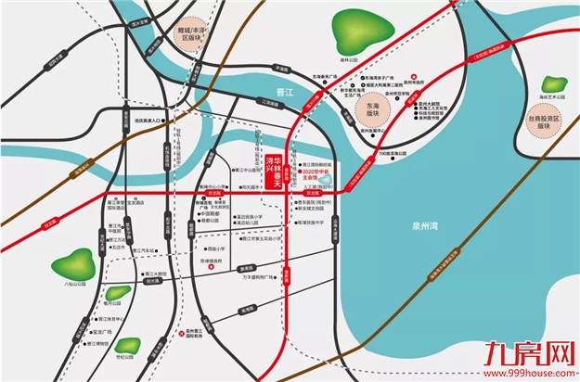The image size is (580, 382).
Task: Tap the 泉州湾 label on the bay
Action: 429,224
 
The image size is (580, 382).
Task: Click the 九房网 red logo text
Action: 539,353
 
